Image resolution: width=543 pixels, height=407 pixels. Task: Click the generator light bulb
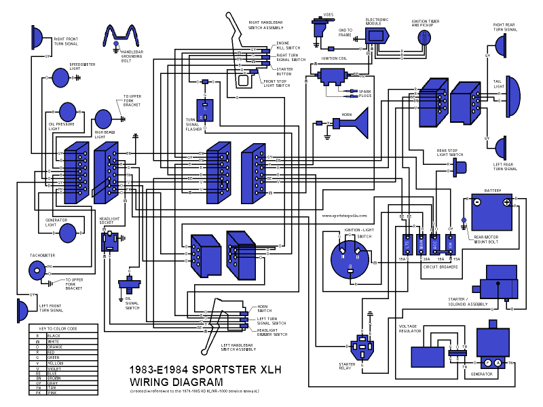68,233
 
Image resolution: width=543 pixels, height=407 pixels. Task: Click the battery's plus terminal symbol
506,202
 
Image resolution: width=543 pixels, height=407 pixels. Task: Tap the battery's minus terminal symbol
476,202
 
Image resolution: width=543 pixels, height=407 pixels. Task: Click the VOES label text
328,14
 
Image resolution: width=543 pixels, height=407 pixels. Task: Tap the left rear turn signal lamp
502,147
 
